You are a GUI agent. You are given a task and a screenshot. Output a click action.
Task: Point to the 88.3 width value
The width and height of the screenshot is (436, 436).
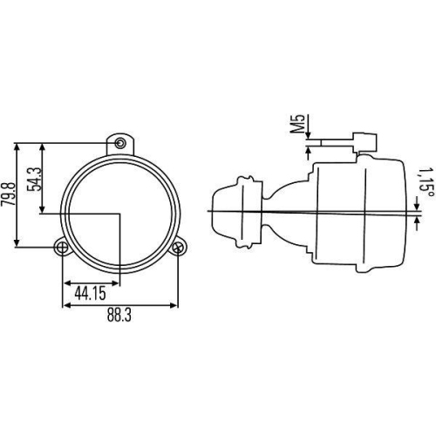119,317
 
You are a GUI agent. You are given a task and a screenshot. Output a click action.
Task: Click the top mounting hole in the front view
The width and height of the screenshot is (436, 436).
120,142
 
